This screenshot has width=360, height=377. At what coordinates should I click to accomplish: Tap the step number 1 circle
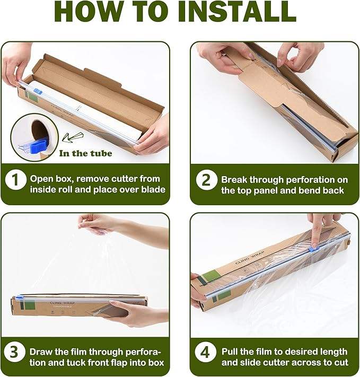[15, 179]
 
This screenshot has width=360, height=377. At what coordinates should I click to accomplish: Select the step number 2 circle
[206, 180]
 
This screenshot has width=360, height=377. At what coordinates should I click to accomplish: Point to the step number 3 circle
[15, 352]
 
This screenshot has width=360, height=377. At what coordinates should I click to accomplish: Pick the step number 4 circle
[205, 353]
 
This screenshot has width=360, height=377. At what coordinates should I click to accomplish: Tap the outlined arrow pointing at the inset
[72, 137]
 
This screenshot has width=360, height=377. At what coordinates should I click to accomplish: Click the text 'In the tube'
[85, 153]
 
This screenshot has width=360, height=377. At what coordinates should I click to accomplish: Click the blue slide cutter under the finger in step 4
[313, 249]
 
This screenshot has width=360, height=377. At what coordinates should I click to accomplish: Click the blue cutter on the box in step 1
[38, 91]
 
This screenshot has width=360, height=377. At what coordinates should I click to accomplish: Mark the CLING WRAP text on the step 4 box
[250, 258]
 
